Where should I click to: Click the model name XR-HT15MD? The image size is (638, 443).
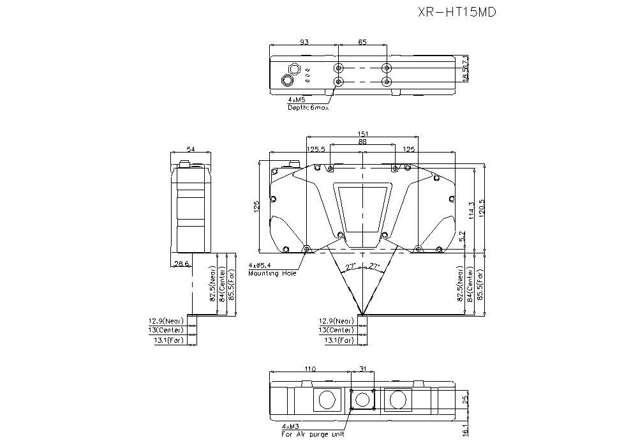point(456,11)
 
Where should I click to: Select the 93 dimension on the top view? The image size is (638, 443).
point(304,42)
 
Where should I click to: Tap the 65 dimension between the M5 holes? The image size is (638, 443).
point(362,42)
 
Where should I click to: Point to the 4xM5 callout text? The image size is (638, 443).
point(297,100)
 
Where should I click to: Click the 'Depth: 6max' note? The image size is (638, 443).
point(308,107)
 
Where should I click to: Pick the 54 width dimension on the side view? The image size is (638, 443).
point(190,149)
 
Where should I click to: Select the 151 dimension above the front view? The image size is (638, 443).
point(362,135)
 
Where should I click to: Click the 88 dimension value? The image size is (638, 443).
point(362,142)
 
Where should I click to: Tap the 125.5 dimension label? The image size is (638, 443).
point(316,149)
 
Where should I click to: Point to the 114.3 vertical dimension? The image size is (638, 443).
point(471,211)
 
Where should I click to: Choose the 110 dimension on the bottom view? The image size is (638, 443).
point(309,369)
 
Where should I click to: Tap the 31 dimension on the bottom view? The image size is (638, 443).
point(362,369)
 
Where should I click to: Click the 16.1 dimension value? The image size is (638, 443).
point(466,432)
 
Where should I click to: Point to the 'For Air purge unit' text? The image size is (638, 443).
point(313,434)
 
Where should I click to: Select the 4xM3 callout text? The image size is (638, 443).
point(291,426)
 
